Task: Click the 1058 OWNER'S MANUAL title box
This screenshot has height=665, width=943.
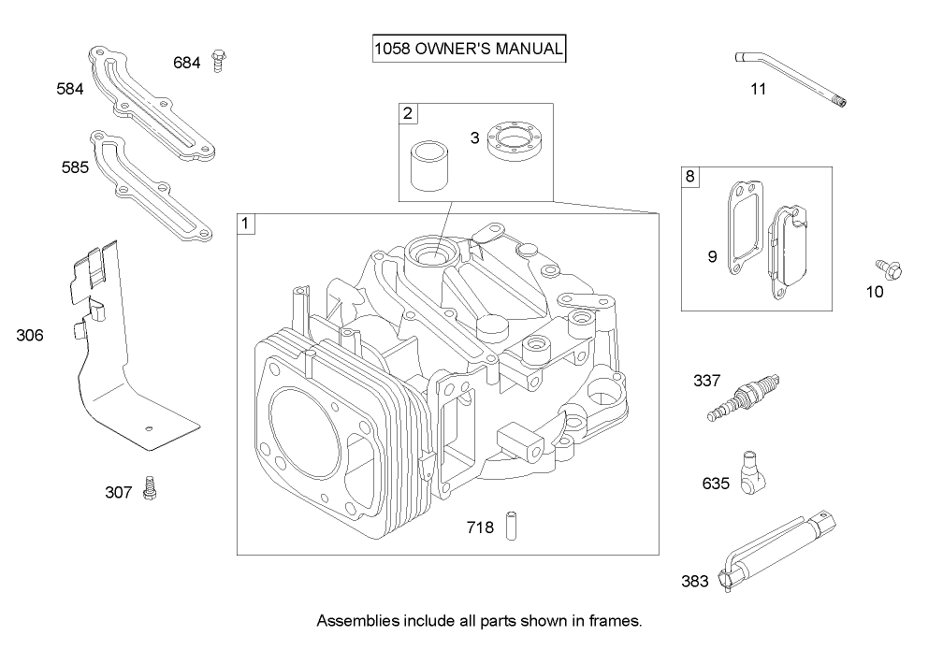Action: coord(469,49)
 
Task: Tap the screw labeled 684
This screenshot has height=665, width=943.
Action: coord(220,61)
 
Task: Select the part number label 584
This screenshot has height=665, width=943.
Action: coord(70,89)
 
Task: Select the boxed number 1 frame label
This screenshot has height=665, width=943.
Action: coord(246,224)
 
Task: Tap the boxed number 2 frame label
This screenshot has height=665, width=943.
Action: coord(408,114)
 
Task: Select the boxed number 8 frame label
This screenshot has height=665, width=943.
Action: coord(690,177)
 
